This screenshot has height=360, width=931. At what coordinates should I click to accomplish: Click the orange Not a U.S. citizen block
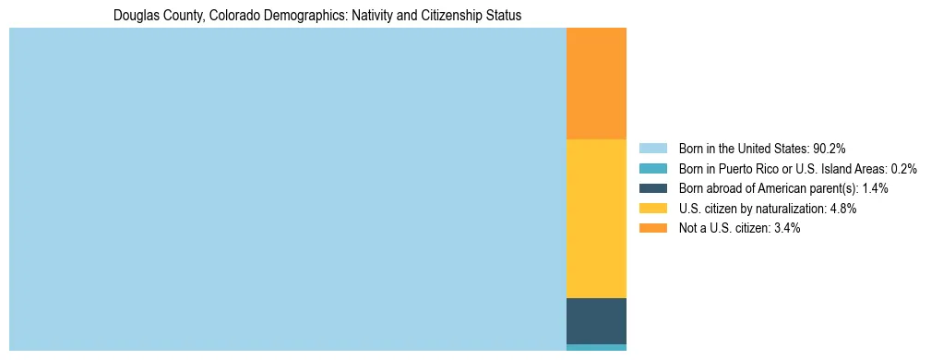pos(596,83)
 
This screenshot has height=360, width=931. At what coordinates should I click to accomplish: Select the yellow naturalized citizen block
pos(596,218)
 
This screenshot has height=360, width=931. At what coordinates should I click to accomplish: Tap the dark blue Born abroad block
pos(596,320)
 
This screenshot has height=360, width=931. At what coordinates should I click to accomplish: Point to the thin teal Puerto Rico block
pos(596,347)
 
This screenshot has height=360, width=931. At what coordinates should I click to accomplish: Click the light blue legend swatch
pos(652,148)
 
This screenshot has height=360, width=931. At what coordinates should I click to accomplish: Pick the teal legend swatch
pos(652,168)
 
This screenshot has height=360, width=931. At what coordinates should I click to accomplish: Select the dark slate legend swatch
pos(652,188)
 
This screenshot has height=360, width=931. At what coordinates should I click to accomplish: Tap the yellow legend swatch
pos(652,209)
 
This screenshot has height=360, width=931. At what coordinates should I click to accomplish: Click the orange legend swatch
pos(652,228)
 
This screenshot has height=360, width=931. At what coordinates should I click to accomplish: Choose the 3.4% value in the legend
pos(784,228)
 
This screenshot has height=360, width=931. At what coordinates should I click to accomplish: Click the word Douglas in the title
pos(134,16)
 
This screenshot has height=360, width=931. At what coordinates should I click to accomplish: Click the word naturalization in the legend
pos(791,209)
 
